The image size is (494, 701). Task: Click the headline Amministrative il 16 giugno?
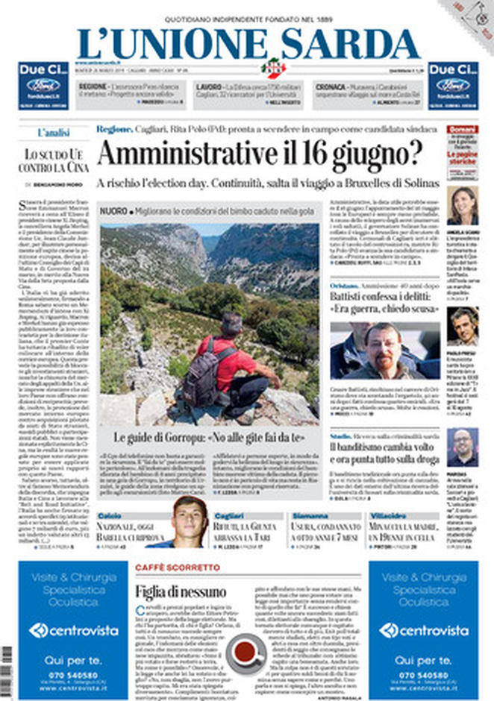coord(259,155)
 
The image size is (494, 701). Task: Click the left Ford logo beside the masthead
coord(43,84)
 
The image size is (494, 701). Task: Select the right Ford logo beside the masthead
coord(452,84)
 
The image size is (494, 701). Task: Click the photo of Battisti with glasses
coord(384,350)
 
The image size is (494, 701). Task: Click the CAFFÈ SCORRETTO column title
coord(178,568)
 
